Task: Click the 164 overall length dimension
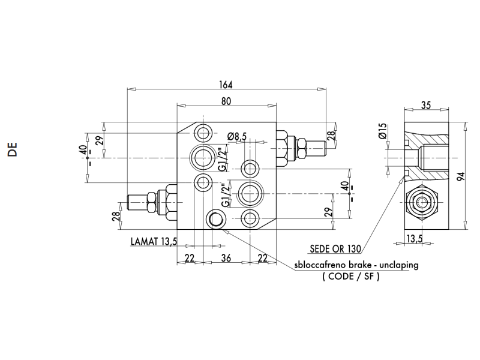click(226, 85)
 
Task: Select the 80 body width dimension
click(227, 101)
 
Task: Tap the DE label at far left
click(13, 149)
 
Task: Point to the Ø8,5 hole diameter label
click(237, 136)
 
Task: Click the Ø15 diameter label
click(383, 131)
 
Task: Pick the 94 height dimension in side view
click(461, 176)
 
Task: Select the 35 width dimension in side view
click(426, 105)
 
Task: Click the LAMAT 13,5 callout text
click(154, 242)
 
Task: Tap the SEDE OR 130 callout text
click(335, 249)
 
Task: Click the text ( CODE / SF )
click(351, 277)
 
